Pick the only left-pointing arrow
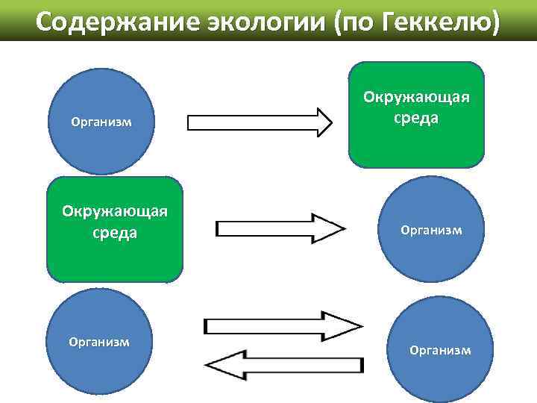(x=283, y=366)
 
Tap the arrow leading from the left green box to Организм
(x=280, y=228)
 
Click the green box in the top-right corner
(x=416, y=114)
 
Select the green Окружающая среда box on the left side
(x=114, y=229)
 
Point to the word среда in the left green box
(x=114, y=233)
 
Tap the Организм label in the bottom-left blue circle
(x=99, y=342)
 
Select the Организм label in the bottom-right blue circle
(x=440, y=350)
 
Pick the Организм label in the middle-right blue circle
(x=431, y=231)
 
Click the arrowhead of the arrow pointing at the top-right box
(x=323, y=122)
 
